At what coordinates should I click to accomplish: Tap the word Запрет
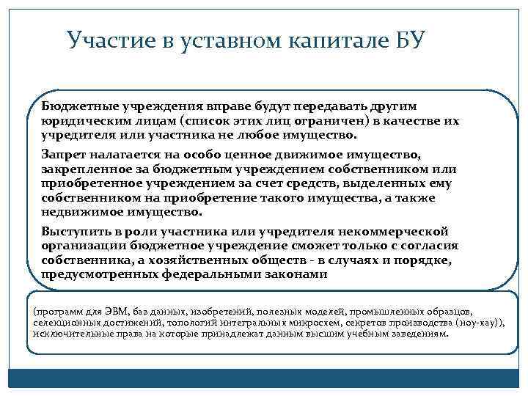(62, 155)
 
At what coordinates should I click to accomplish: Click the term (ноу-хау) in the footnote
(479, 322)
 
